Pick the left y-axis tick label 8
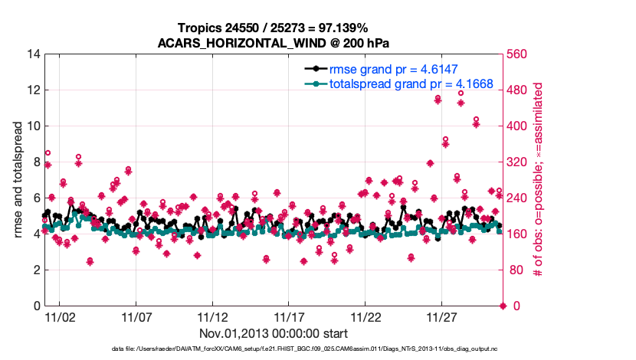[33, 162]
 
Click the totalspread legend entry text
[411, 83]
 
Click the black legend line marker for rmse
[315, 69]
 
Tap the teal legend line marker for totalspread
[315, 83]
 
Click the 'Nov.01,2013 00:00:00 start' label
[274, 333]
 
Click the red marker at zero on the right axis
[503, 306]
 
